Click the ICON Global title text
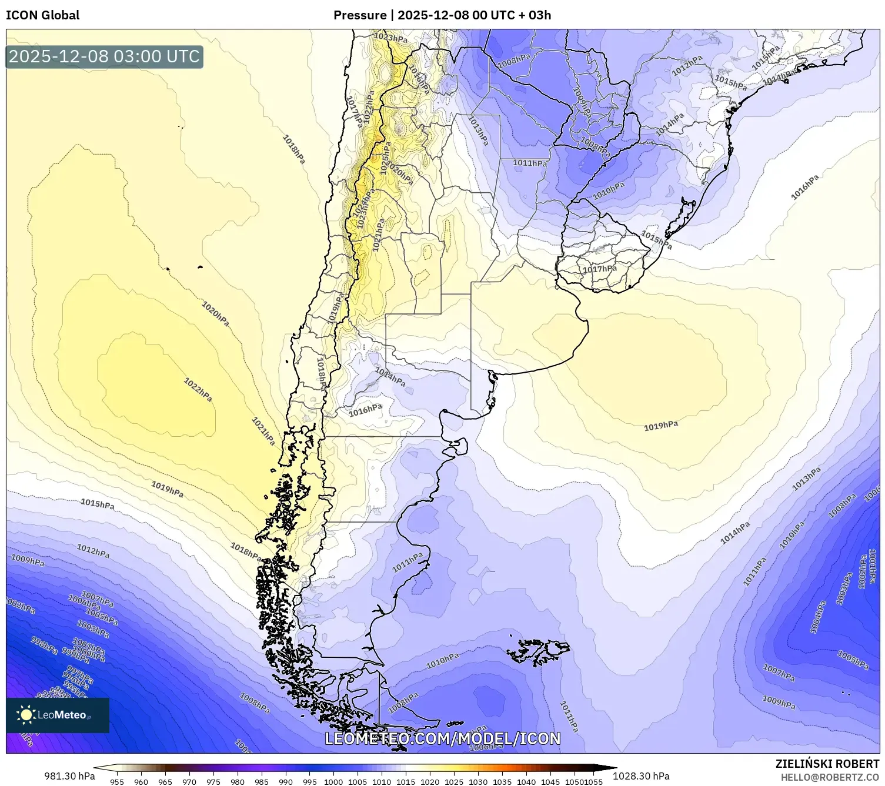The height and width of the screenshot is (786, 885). pyautogui.click(x=42, y=15)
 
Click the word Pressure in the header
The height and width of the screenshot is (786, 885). pyautogui.click(x=360, y=15)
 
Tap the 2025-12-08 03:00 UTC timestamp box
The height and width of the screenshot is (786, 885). pyautogui.click(x=104, y=57)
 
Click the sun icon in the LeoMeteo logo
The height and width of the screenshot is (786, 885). pyautogui.click(x=26, y=715)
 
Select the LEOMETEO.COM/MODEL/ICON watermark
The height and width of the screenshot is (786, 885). pyautogui.click(x=442, y=738)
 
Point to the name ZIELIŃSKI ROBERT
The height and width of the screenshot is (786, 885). pyautogui.click(x=827, y=764)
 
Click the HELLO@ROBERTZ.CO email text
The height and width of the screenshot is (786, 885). pyautogui.click(x=830, y=777)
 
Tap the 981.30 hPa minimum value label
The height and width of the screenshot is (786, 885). pyautogui.click(x=69, y=776)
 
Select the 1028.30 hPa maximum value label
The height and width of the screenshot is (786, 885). pyautogui.click(x=641, y=776)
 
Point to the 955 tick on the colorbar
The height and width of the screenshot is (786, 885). pyautogui.click(x=117, y=782)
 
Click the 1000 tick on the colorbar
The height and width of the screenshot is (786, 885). pyautogui.click(x=333, y=782)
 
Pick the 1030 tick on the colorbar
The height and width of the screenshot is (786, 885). pyautogui.click(x=478, y=782)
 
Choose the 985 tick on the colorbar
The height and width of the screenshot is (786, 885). pyautogui.click(x=261, y=782)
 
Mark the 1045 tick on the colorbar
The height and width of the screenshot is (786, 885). pyautogui.click(x=550, y=782)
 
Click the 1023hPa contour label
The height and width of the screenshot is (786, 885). pyautogui.click(x=390, y=38)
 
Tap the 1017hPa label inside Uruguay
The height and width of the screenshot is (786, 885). pyautogui.click(x=600, y=269)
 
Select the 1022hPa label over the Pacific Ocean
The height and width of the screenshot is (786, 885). pyautogui.click(x=198, y=390)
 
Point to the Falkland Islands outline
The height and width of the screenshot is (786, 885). pyautogui.click(x=540, y=650)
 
